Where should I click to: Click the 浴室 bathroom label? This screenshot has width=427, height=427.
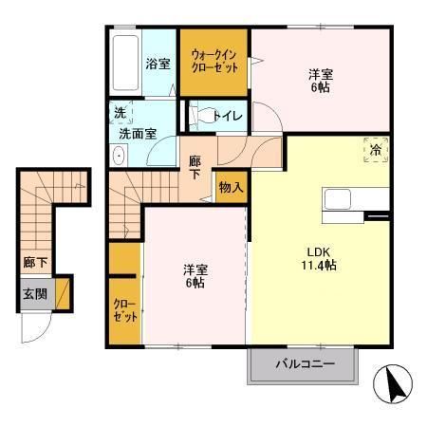[158, 65]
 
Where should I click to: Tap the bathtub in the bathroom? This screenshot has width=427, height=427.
[125, 63]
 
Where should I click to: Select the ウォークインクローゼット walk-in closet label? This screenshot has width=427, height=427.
[214, 62]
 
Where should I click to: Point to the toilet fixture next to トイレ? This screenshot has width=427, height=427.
[202, 116]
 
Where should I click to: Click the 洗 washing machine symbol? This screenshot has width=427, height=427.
[121, 113]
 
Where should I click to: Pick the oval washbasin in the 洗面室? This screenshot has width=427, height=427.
[119, 156]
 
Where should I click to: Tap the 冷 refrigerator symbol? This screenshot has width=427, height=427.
[376, 150]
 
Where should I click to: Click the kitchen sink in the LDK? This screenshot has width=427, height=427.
[338, 199]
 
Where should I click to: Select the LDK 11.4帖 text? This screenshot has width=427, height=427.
[319, 259]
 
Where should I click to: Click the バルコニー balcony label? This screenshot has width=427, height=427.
[305, 364]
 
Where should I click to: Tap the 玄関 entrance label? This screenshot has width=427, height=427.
[35, 294]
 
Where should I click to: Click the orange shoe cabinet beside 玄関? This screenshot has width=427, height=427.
[63, 294]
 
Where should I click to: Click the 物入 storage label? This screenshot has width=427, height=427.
[232, 187]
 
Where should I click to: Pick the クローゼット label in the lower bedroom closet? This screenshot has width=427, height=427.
[125, 310]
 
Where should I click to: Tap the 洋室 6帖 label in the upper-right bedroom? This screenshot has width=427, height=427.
[321, 81]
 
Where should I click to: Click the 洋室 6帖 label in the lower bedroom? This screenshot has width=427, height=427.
[195, 276]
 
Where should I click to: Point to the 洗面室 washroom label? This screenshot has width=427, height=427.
[138, 134]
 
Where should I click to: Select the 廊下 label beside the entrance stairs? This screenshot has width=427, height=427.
[35, 262]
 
